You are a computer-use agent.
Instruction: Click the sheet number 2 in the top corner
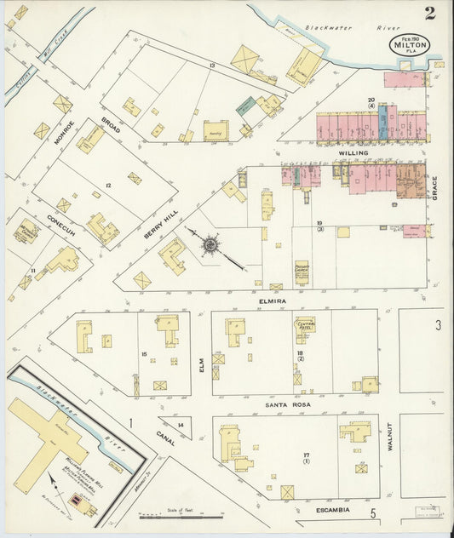click(431, 13)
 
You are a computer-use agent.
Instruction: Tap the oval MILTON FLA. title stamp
click(411, 44)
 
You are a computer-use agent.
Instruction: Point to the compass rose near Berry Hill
click(209, 246)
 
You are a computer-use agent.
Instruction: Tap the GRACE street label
click(434, 186)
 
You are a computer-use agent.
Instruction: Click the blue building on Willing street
click(382, 123)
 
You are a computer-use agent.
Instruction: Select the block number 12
click(108, 185)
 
